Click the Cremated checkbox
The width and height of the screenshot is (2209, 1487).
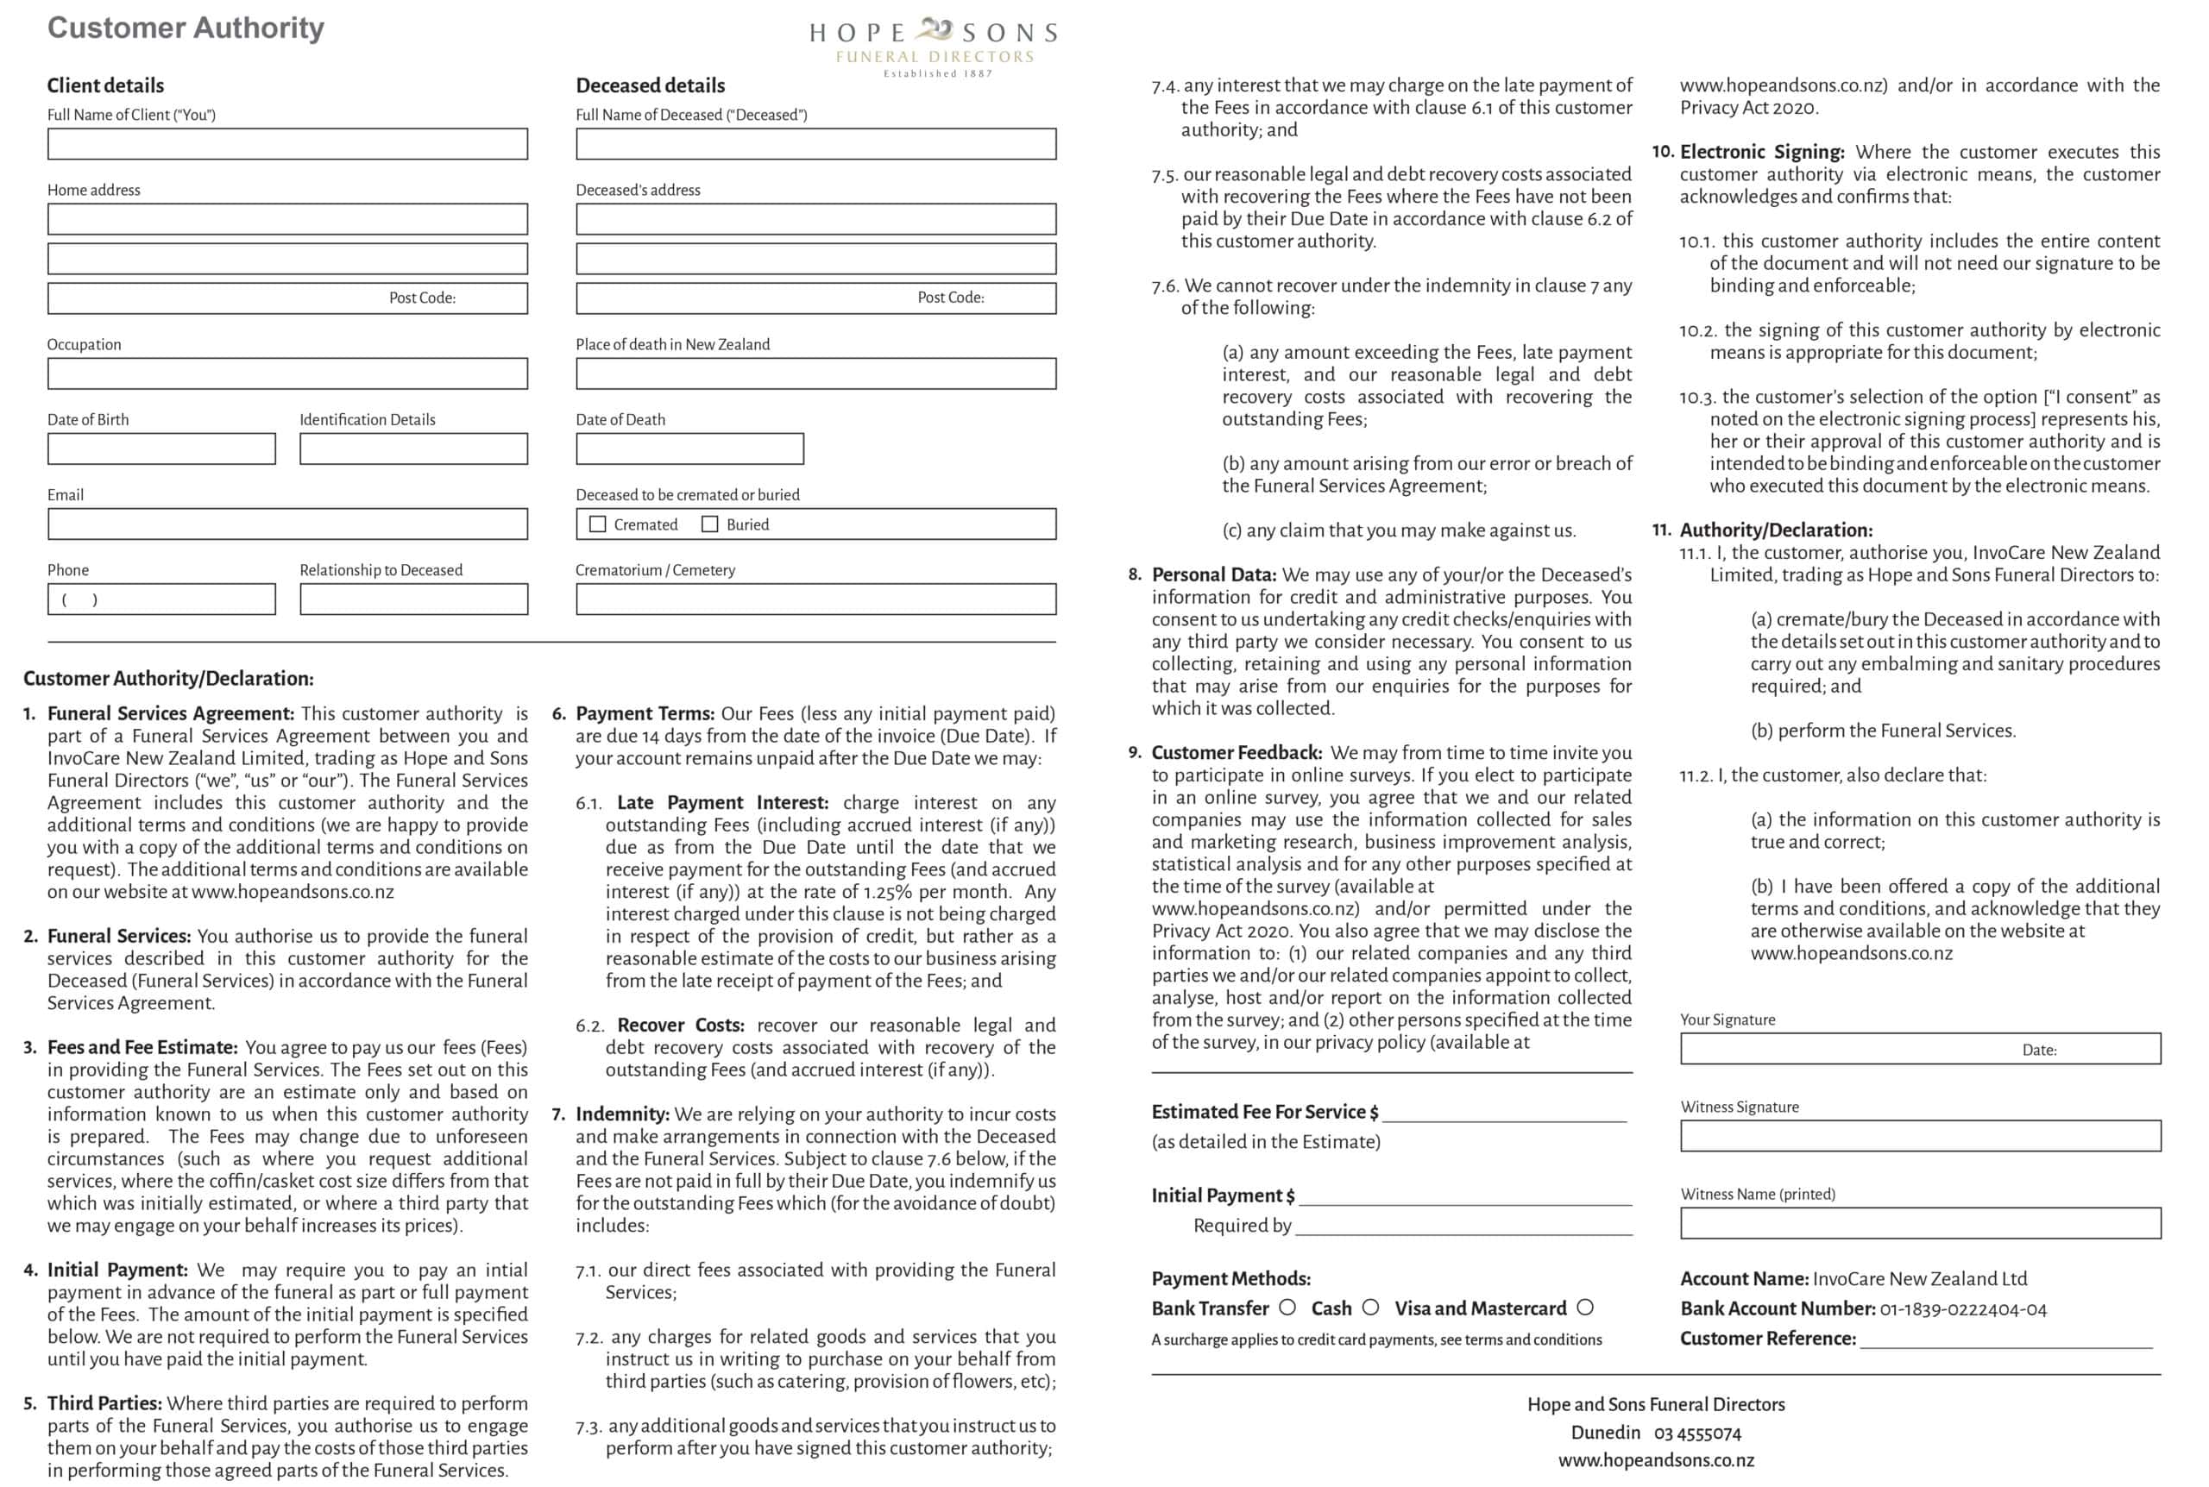click(x=597, y=524)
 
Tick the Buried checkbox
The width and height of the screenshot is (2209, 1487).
click(x=709, y=524)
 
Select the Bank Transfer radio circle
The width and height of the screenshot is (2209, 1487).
click(x=1287, y=1308)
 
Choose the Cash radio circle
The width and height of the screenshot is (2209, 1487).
click(x=1370, y=1308)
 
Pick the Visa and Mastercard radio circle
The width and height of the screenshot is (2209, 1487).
click(x=1585, y=1308)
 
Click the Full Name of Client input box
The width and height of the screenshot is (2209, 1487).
click(x=287, y=144)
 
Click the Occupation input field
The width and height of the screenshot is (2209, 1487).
click(x=287, y=373)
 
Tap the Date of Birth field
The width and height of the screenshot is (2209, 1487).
click(x=161, y=449)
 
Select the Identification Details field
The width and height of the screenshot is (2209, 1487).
click(x=413, y=449)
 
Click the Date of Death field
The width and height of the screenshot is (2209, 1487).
click(x=689, y=449)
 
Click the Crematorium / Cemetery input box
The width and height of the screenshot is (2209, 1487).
click(x=815, y=599)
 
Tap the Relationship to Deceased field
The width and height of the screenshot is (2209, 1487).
click(x=413, y=599)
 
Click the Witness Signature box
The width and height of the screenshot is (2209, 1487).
click(x=1920, y=1136)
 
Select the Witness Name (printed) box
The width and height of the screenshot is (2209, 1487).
click(x=1920, y=1223)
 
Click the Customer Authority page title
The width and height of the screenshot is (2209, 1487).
click(x=186, y=28)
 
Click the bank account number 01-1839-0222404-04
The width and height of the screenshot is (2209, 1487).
click(x=1962, y=1309)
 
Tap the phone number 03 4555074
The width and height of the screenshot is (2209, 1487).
click(x=1698, y=1433)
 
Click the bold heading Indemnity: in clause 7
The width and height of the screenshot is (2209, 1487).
click(x=622, y=1114)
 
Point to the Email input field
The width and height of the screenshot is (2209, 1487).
click(x=287, y=524)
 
